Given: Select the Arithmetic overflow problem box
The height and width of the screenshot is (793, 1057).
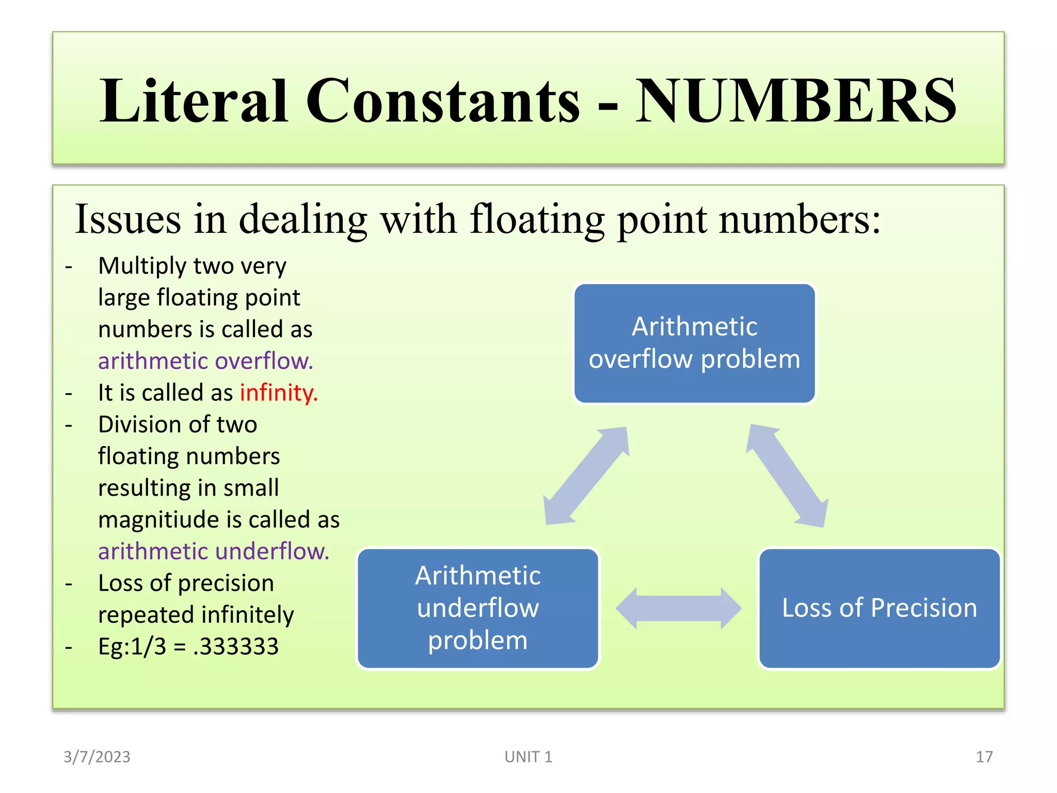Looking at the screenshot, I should click(694, 343).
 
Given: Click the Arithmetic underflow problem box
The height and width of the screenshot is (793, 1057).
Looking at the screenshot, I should click(478, 608).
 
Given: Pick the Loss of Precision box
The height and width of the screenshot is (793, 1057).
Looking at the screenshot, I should click(879, 608).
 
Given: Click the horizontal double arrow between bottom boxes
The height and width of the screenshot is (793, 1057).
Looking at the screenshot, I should click(678, 609).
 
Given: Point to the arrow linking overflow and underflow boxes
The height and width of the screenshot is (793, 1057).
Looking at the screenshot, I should click(587, 475).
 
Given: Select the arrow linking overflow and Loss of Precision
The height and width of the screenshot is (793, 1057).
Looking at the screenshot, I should click(787, 475).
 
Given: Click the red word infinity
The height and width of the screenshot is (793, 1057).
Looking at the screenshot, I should click(279, 393).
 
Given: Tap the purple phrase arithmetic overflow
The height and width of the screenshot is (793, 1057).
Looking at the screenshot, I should click(205, 361).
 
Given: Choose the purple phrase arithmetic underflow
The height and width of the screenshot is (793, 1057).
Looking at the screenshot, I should click(214, 551).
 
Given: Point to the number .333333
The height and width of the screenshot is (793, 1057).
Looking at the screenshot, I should click(236, 646).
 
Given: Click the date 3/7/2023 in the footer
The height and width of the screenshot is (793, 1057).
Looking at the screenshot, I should click(97, 757).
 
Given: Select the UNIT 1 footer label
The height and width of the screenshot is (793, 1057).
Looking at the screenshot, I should click(528, 757).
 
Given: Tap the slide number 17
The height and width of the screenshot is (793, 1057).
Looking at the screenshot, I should click(984, 757).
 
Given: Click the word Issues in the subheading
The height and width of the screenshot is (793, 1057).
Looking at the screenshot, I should click(128, 220).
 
